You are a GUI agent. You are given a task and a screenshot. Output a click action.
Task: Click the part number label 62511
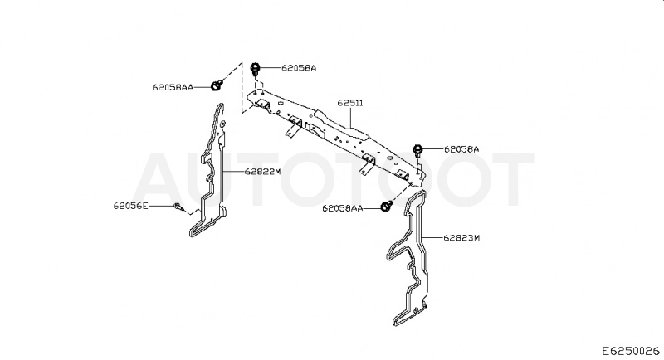click(350, 103)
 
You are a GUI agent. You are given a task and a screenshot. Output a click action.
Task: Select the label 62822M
click(262, 172)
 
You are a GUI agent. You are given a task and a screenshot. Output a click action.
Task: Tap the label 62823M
click(461, 238)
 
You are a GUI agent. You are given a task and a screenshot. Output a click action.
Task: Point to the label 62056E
click(131, 206)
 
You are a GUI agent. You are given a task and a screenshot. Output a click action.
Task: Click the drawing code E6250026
click(632, 351)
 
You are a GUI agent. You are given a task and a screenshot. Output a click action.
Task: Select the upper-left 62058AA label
click(173, 87)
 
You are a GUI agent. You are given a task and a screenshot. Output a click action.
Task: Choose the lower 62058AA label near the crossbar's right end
click(343, 208)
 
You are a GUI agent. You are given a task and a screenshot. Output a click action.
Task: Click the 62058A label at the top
click(299, 68)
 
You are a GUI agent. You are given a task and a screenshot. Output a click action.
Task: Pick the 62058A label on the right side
click(461, 149)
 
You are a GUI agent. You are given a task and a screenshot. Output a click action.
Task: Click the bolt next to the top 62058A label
click(256, 69)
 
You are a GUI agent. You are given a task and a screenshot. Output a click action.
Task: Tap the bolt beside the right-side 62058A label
click(417, 151)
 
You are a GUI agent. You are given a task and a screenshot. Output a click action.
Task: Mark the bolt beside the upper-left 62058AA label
click(217, 85)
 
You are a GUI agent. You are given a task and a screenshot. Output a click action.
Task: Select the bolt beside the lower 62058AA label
click(386, 206)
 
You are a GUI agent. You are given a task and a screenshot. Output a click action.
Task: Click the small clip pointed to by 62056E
click(178, 207)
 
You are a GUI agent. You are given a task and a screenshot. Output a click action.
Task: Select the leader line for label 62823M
click(432, 238)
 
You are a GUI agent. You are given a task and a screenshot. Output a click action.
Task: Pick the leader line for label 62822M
click(233, 172)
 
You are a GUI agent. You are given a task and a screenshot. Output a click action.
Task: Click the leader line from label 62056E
click(161, 206)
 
